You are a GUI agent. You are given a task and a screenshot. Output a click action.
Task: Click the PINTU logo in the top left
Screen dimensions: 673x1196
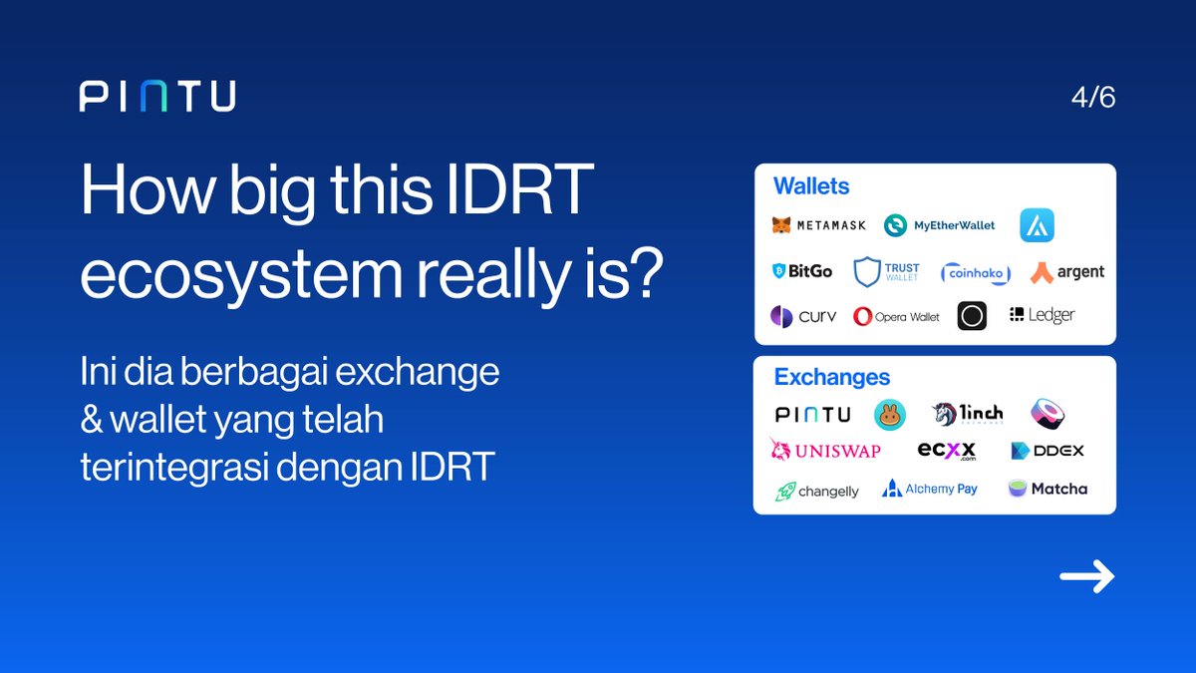[157, 97]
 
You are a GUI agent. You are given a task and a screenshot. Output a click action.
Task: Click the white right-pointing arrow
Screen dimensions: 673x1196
[1086, 576]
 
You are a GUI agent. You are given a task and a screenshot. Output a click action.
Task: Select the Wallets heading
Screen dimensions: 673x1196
[811, 186]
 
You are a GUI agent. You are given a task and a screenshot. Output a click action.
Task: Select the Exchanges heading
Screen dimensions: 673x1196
[832, 378]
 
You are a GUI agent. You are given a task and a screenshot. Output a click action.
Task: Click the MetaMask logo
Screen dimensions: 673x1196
[819, 225]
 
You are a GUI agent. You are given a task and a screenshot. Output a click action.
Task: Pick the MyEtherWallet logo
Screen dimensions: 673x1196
[940, 225]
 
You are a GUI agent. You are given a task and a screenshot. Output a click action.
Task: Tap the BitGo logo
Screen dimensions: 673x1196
[803, 270]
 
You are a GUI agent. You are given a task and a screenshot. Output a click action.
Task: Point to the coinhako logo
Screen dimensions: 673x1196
[976, 272]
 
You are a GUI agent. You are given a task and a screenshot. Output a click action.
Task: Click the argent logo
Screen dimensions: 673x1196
[1067, 271]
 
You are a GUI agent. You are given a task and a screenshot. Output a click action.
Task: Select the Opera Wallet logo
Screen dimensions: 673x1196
[897, 316]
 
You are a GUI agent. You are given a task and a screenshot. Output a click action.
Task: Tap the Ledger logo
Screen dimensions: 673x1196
[1043, 315]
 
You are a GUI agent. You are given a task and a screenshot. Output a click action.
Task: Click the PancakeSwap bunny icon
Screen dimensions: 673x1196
[890, 415]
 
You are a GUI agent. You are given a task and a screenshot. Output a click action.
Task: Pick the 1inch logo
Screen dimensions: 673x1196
[968, 413]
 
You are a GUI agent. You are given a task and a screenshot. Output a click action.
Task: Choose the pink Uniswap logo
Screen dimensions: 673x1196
[825, 451]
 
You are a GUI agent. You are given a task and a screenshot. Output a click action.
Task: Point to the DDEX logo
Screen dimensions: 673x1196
[1047, 451]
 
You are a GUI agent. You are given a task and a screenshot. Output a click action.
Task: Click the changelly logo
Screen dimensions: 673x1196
[817, 491]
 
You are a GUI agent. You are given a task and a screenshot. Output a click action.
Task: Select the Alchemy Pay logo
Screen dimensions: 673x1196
[930, 489]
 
